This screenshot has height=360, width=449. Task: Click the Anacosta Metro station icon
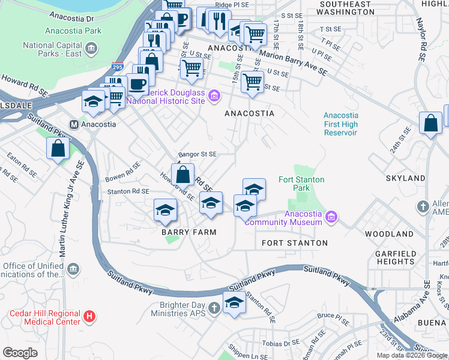pyautogui.click(x=74, y=125)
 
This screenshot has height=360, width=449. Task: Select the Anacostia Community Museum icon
pyautogui.click(x=331, y=216)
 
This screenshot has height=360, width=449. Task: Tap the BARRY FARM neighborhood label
pyautogui.click(x=188, y=232)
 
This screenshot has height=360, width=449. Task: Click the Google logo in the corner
pyautogui.click(x=20, y=353)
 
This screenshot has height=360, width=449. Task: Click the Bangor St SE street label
pyautogui.click(x=196, y=154)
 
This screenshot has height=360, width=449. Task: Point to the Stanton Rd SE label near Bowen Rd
pyautogui.click(x=128, y=191)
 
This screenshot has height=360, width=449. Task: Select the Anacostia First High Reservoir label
pyautogui.click(x=340, y=124)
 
